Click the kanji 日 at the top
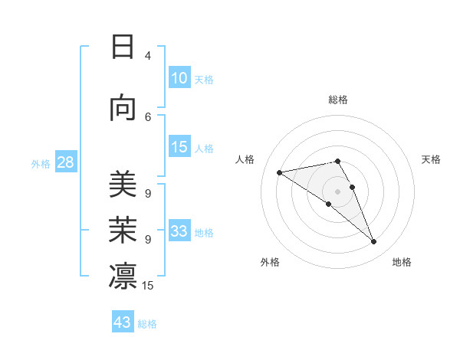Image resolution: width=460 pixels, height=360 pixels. [123, 47]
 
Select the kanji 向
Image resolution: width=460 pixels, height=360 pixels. [123, 109]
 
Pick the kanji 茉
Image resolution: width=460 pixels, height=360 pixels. [123, 231]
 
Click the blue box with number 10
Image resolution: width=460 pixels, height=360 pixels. [179, 78]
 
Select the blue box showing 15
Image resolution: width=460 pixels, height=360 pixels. [179, 148]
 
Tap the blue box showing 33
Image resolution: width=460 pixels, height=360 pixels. [179, 232]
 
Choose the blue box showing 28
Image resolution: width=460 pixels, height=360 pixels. [65, 163]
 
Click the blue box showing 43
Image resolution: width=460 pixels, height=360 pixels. [123, 322]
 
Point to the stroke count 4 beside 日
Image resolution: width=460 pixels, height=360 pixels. [148, 56]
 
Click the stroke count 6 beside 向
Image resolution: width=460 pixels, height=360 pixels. [148, 116]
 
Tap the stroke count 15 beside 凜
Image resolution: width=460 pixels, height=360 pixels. [148, 286]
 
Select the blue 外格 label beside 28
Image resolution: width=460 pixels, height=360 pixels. [41, 164]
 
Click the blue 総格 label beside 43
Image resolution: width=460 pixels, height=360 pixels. [147, 323]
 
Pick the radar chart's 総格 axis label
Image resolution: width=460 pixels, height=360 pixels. [338, 100]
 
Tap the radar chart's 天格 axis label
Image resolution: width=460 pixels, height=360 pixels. [431, 159]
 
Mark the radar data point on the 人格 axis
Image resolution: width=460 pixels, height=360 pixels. [280, 172]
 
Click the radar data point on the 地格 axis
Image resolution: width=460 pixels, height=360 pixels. [374, 242]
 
